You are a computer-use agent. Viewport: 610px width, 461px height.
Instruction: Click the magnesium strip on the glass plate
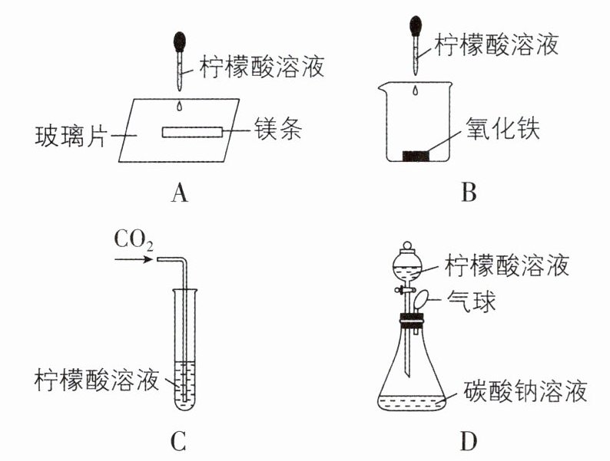[x=193, y=132]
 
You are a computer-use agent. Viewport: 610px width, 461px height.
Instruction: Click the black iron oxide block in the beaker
[x=416, y=156]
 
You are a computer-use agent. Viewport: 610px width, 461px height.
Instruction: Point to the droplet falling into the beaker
[x=416, y=91]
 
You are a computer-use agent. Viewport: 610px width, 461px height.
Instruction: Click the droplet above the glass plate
[x=179, y=106]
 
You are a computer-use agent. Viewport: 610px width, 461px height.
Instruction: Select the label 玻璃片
[x=71, y=136]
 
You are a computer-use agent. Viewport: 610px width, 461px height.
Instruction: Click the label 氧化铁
[x=503, y=128]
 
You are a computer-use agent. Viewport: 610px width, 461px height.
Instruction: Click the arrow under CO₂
[x=133, y=258]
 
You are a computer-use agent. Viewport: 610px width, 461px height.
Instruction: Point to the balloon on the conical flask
[x=421, y=301]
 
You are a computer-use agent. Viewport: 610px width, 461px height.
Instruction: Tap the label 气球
[x=471, y=301]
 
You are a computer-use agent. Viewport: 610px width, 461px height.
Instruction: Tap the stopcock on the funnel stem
[x=405, y=290]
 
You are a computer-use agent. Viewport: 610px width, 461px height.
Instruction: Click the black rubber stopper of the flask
[x=412, y=321]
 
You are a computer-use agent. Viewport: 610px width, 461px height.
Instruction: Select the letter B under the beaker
[x=469, y=192]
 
